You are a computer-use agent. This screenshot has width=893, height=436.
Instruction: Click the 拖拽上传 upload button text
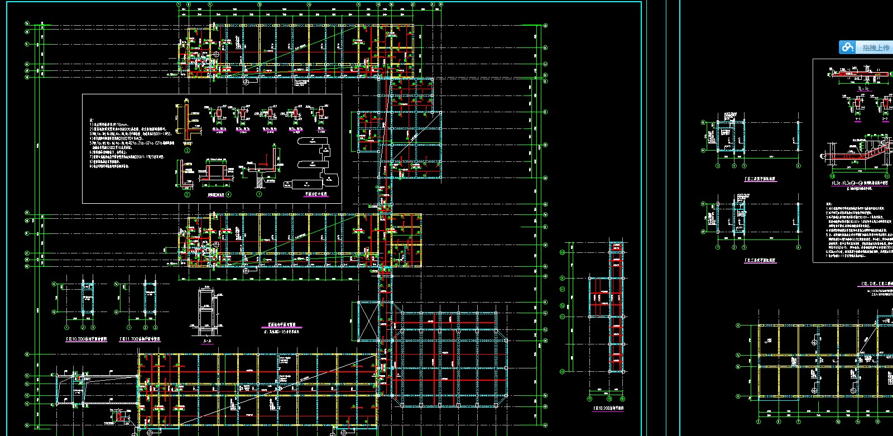pos(876,48)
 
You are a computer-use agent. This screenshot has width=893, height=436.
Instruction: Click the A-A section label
pos(207,341)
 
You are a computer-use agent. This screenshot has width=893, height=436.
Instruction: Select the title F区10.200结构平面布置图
pos(87,339)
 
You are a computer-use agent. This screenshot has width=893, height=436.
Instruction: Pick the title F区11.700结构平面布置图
pos(140,339)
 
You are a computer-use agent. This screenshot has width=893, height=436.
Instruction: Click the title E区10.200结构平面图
pos(608,408)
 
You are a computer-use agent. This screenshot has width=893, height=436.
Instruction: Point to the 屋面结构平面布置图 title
pos(282,325)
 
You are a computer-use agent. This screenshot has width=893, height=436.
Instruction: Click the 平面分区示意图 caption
pos(316,194)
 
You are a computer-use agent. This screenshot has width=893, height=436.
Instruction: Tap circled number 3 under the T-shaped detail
pos(188,150)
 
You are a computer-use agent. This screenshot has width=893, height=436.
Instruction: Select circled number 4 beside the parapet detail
pos(229,195)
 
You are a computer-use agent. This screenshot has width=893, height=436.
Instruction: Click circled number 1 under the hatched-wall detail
pos(259,194)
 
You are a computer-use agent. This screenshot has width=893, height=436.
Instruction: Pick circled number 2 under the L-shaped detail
pos(188,195)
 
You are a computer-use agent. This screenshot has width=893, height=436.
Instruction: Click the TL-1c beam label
pos(863,89)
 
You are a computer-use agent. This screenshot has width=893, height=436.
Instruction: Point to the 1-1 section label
pos(858,119)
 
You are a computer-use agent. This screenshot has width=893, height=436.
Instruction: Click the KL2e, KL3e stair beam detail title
pos(860,183)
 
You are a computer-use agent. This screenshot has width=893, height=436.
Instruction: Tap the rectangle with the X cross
pos(368,321)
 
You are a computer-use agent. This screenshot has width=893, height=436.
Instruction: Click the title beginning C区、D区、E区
pos(876,284)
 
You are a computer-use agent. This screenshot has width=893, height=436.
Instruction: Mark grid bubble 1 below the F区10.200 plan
pos(67,328)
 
